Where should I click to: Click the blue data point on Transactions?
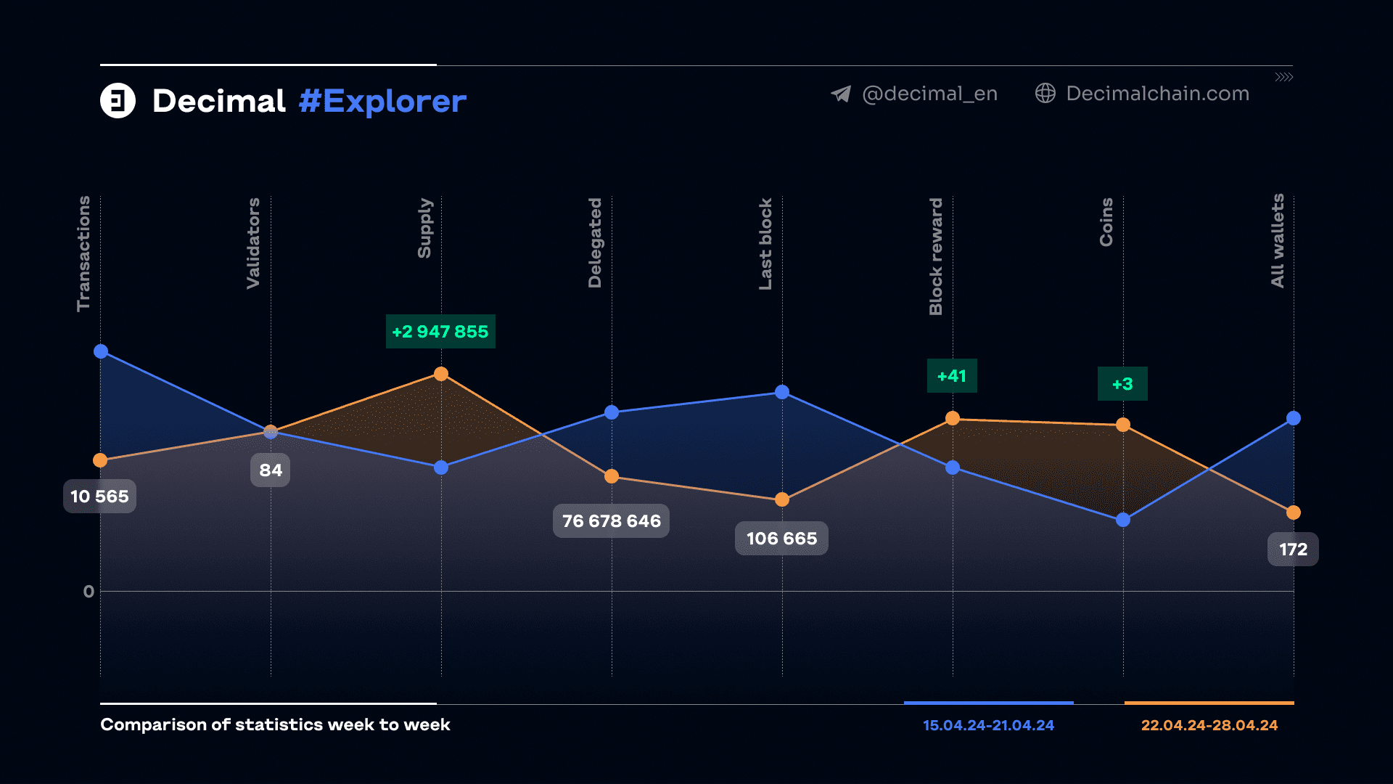[101, 351]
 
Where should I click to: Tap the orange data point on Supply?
[441, 374]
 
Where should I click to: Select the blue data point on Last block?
[782, 392]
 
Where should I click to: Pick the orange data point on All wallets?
[1293, 513]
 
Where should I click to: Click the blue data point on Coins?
[1123, 520]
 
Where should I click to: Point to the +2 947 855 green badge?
[440, 332]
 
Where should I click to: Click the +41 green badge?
[952, 376]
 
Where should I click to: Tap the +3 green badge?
[1122, 384]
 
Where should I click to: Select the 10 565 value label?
[99, 497]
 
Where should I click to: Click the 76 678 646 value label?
[611, 521]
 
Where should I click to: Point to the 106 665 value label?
[781, 539]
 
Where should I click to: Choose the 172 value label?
[1293, 550]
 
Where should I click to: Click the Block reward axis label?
[936, 256]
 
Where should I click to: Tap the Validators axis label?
[253, 243]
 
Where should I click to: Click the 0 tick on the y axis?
[89, 592]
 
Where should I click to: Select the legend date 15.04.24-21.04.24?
[988, 725]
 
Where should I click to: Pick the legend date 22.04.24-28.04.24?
[1209, 725]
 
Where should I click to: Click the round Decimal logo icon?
[118, 101]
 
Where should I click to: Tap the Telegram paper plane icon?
[841, 94]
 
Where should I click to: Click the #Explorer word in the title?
[382, 102]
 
